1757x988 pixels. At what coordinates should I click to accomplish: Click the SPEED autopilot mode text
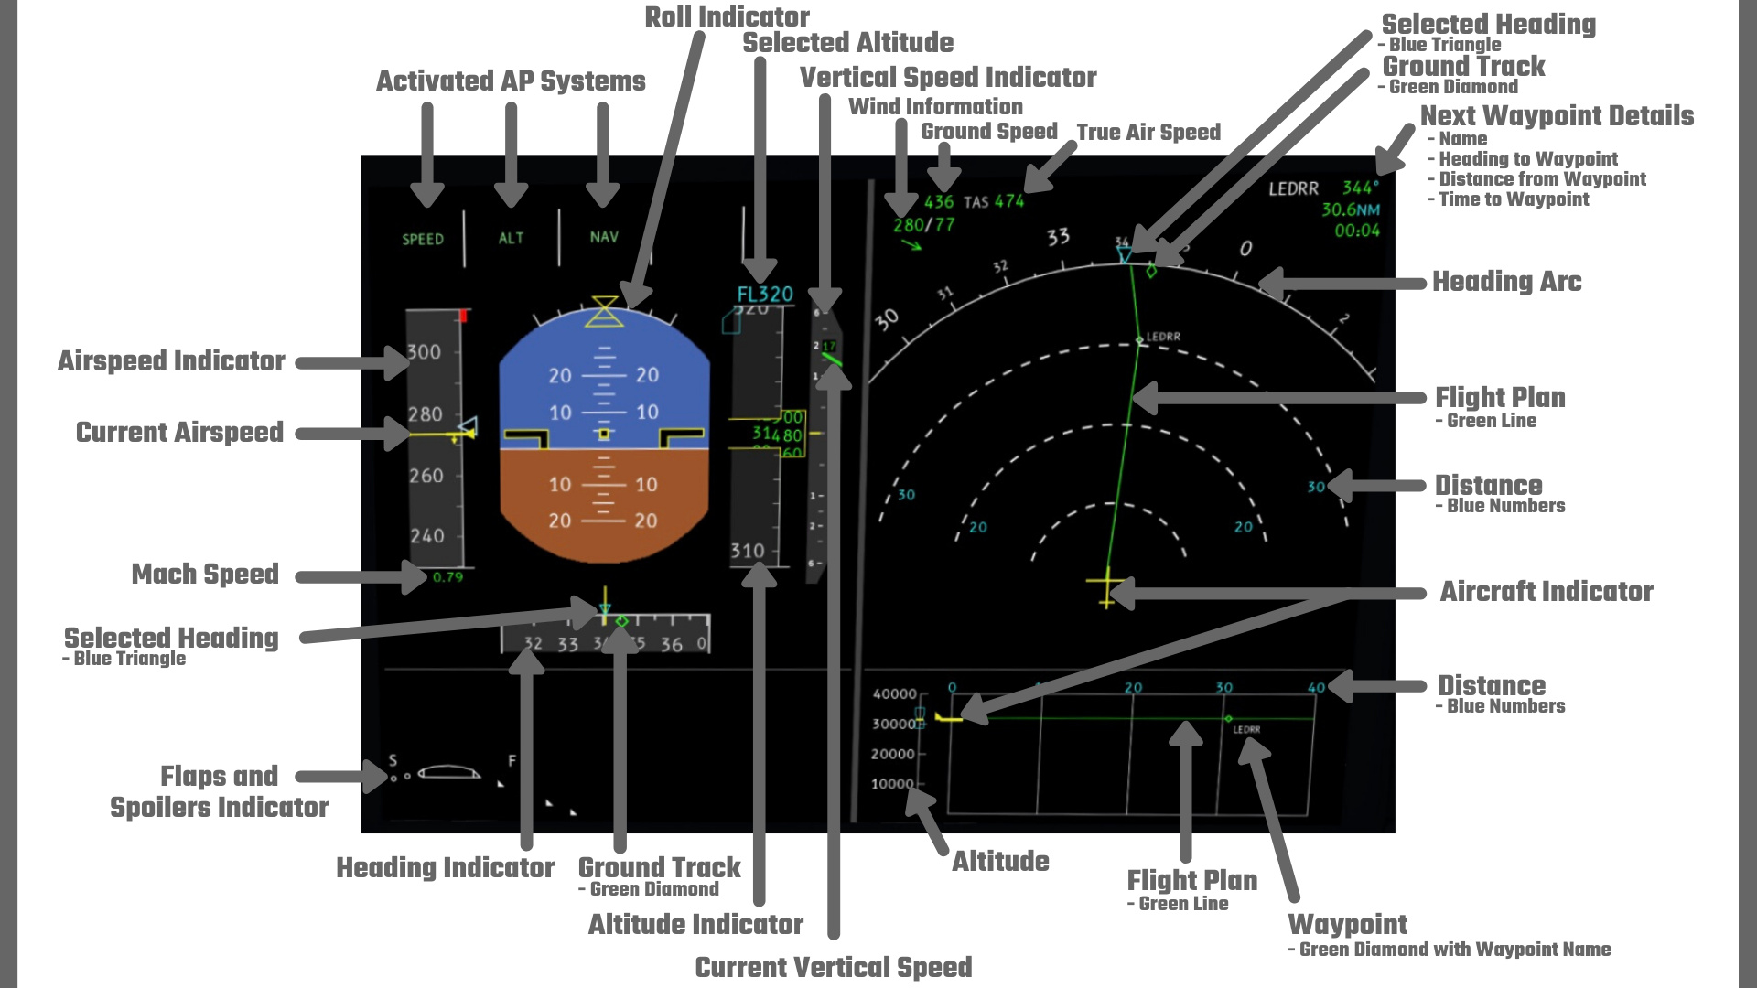[x=423, y=240]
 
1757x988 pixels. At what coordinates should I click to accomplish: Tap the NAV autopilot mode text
[x=604, y=237]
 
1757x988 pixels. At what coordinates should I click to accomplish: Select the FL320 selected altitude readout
[x=765, y=295]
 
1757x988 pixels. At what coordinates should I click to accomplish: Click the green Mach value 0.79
[x=447, y=577]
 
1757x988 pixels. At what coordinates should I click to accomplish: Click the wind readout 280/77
[x=923, y=224]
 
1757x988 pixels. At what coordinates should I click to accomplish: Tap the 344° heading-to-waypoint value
[x=1360, y=188]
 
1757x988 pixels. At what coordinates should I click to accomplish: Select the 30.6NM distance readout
[x=1351, y=209]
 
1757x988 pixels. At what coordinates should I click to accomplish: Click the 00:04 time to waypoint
[x=1357, y=231]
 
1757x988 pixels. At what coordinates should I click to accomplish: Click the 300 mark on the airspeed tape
[x=424, y=352]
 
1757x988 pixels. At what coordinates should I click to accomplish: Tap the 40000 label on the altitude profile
[x=894, y=694]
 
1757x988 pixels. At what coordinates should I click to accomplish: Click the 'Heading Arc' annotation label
[x=1506, y=282]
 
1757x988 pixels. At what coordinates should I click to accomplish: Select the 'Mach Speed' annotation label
[x=205, y=575]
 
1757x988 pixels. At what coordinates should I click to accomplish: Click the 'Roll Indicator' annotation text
[x=727, y=17]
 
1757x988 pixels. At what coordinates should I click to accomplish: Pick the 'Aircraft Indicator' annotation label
[x=1547, y=592]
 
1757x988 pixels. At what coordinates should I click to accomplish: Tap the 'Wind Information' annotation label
[x=935, y=107]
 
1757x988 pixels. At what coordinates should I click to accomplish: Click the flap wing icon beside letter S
[x=449, y=772]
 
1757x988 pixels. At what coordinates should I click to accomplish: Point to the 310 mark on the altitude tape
[x=748, y=551]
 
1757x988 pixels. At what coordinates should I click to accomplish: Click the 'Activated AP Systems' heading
[x=511, y=81]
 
